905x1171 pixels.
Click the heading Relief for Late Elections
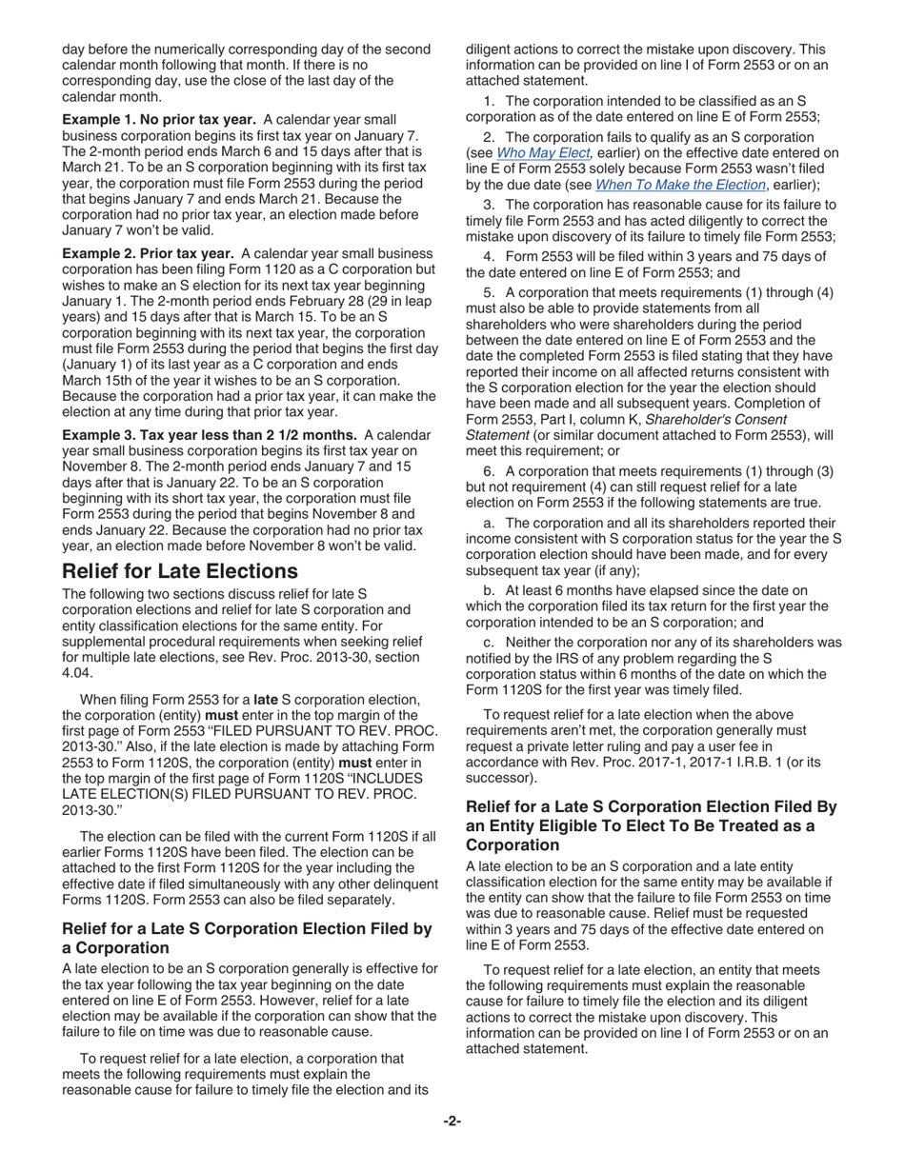pos(179,571)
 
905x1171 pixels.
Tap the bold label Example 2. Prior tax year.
pos(148,253)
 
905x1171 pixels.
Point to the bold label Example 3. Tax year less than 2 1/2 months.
pos(211,435)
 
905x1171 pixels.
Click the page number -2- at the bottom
pos(452,1121)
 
